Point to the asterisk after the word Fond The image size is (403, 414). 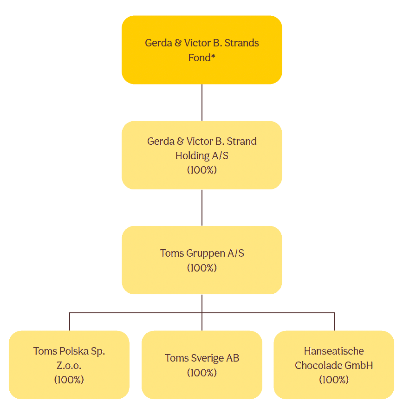(x=213, y=57)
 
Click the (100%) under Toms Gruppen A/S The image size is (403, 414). (x=202, y=268)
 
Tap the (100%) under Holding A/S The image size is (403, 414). (x=202, y=170)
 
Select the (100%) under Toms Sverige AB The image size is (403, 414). (x=202, y=373)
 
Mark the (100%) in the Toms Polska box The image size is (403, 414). (x=69, y=380)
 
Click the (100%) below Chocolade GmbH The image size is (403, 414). (x=334, y=380)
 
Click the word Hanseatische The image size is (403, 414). (x=334, y=351)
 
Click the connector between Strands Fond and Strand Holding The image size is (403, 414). (x=202, y=103)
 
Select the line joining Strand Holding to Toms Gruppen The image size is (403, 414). (x=202, y=207)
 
